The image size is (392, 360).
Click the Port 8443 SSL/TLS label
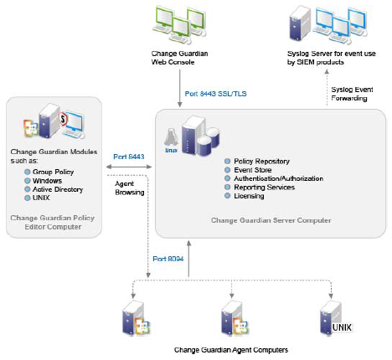[x=215, y=94]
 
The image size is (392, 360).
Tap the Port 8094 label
[x=168, y=259]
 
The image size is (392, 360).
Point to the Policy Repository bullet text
[x=261, y=162]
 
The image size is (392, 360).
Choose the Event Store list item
[x=253, y=170]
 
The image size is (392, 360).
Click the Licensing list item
[x=249, y=196]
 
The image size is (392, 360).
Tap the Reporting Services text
[x=264, y=188]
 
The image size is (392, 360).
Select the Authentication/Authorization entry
[x=279, y=178]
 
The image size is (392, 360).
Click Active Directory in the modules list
[x=58, y=189]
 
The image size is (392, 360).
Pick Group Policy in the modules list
[x=53, y=172]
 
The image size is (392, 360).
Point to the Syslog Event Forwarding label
[x=352, y=94]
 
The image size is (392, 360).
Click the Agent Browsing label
[x=130, y=188]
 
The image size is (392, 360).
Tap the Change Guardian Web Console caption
[x=179, y=58]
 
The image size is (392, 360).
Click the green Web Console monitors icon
[x=179, y=25]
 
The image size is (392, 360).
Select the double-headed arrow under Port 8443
[x=129, y=167]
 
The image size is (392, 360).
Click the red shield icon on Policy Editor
[x=64, y=119]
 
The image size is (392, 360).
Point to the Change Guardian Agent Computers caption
[x=231, y=350]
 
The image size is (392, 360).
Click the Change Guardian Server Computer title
[x=271, y=220]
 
